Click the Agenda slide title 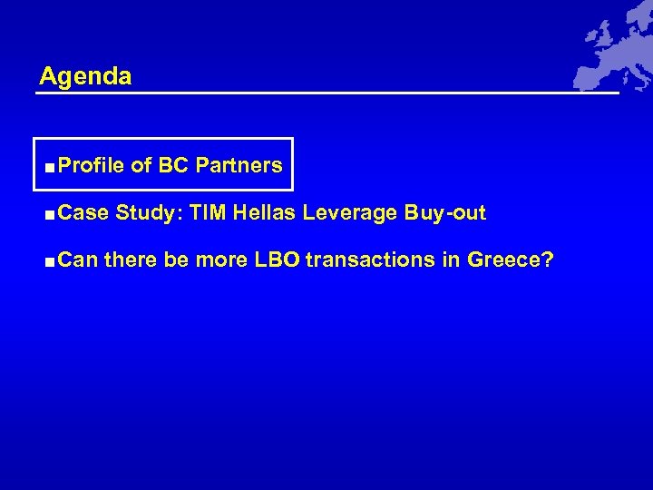tap(85, 76)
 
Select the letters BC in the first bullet tap(173, 166)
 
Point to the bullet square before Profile tap(47, 167)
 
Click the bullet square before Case tap(47, 214)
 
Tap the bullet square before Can tap(47, 261)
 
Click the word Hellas tap(265, 213)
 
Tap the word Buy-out tap(445, 213)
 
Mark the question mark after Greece tap(548, 260)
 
